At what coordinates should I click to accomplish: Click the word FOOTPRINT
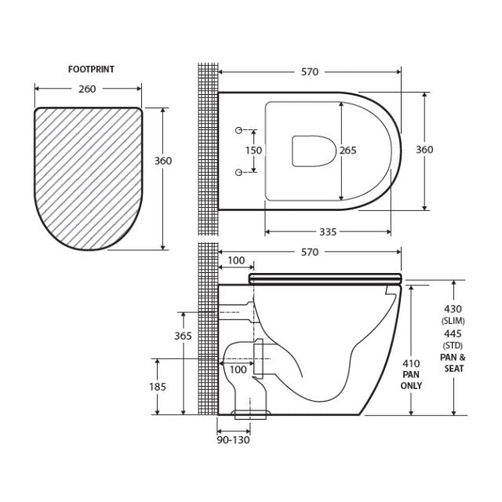click(91, 70)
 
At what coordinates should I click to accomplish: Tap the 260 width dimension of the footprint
click(87, 89)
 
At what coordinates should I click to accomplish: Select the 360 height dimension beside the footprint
click(162, 161)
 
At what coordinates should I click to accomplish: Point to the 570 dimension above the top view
click(310, 72)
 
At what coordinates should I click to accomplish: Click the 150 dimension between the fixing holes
click(253, 151)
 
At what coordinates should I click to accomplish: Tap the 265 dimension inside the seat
click(348, 151)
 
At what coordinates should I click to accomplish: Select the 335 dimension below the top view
click(328, 231)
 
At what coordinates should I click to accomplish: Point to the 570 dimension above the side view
click(310, 252)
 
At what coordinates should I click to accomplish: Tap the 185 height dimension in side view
click(158, 387)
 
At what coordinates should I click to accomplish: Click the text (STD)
click(454, 346)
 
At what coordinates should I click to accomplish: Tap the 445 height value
click(454, 334)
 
